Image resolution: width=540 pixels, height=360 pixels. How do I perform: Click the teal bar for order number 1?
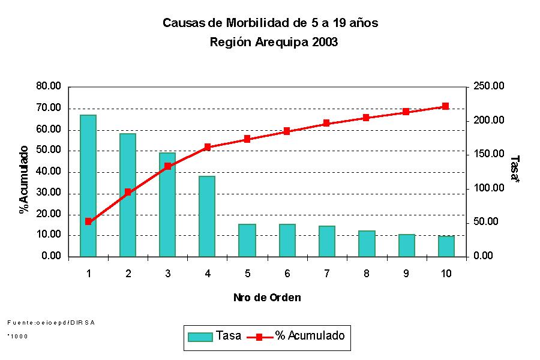[x=88, y=185]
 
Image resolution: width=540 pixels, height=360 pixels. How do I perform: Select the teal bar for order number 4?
[x=207, y=216]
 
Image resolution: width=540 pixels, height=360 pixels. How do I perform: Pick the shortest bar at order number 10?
[x=445, y=246]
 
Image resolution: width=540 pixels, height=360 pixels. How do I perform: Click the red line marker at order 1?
[x=88, y=221]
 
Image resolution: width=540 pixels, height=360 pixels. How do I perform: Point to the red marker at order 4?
[x=207, y=147]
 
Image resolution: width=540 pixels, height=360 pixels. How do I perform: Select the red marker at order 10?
[x=445, y=106]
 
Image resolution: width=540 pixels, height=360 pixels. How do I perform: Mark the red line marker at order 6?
[x=287, y=131]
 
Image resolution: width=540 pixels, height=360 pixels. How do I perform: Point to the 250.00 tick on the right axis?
[x=490, y=86]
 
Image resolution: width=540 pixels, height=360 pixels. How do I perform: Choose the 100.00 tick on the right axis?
[x=490, y=188]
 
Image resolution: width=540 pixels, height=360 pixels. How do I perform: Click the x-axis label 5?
[x=247, y=274]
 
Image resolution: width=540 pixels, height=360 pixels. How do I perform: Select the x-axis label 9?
[x=406, y=274]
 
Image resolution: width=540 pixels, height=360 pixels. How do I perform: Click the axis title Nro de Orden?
[x=267, y=298]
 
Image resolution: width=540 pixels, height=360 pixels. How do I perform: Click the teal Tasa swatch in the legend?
[x=200, y=337]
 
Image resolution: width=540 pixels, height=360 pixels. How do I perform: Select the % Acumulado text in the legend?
[x=310, y=336]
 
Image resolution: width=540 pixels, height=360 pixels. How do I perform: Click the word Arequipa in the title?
[x=275, y=43]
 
